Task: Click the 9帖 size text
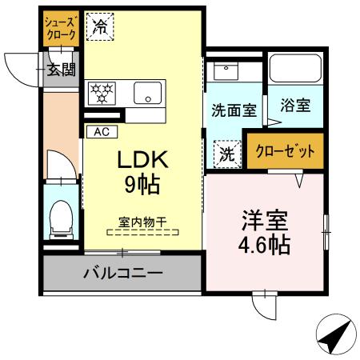coord(141,186)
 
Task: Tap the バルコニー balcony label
coord(123,274)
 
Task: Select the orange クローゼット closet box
coord(285,150)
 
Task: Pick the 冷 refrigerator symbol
coord(100,26)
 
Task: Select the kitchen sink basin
coord(147,90)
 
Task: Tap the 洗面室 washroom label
coord(234,110)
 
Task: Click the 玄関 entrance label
coord(61,70)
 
